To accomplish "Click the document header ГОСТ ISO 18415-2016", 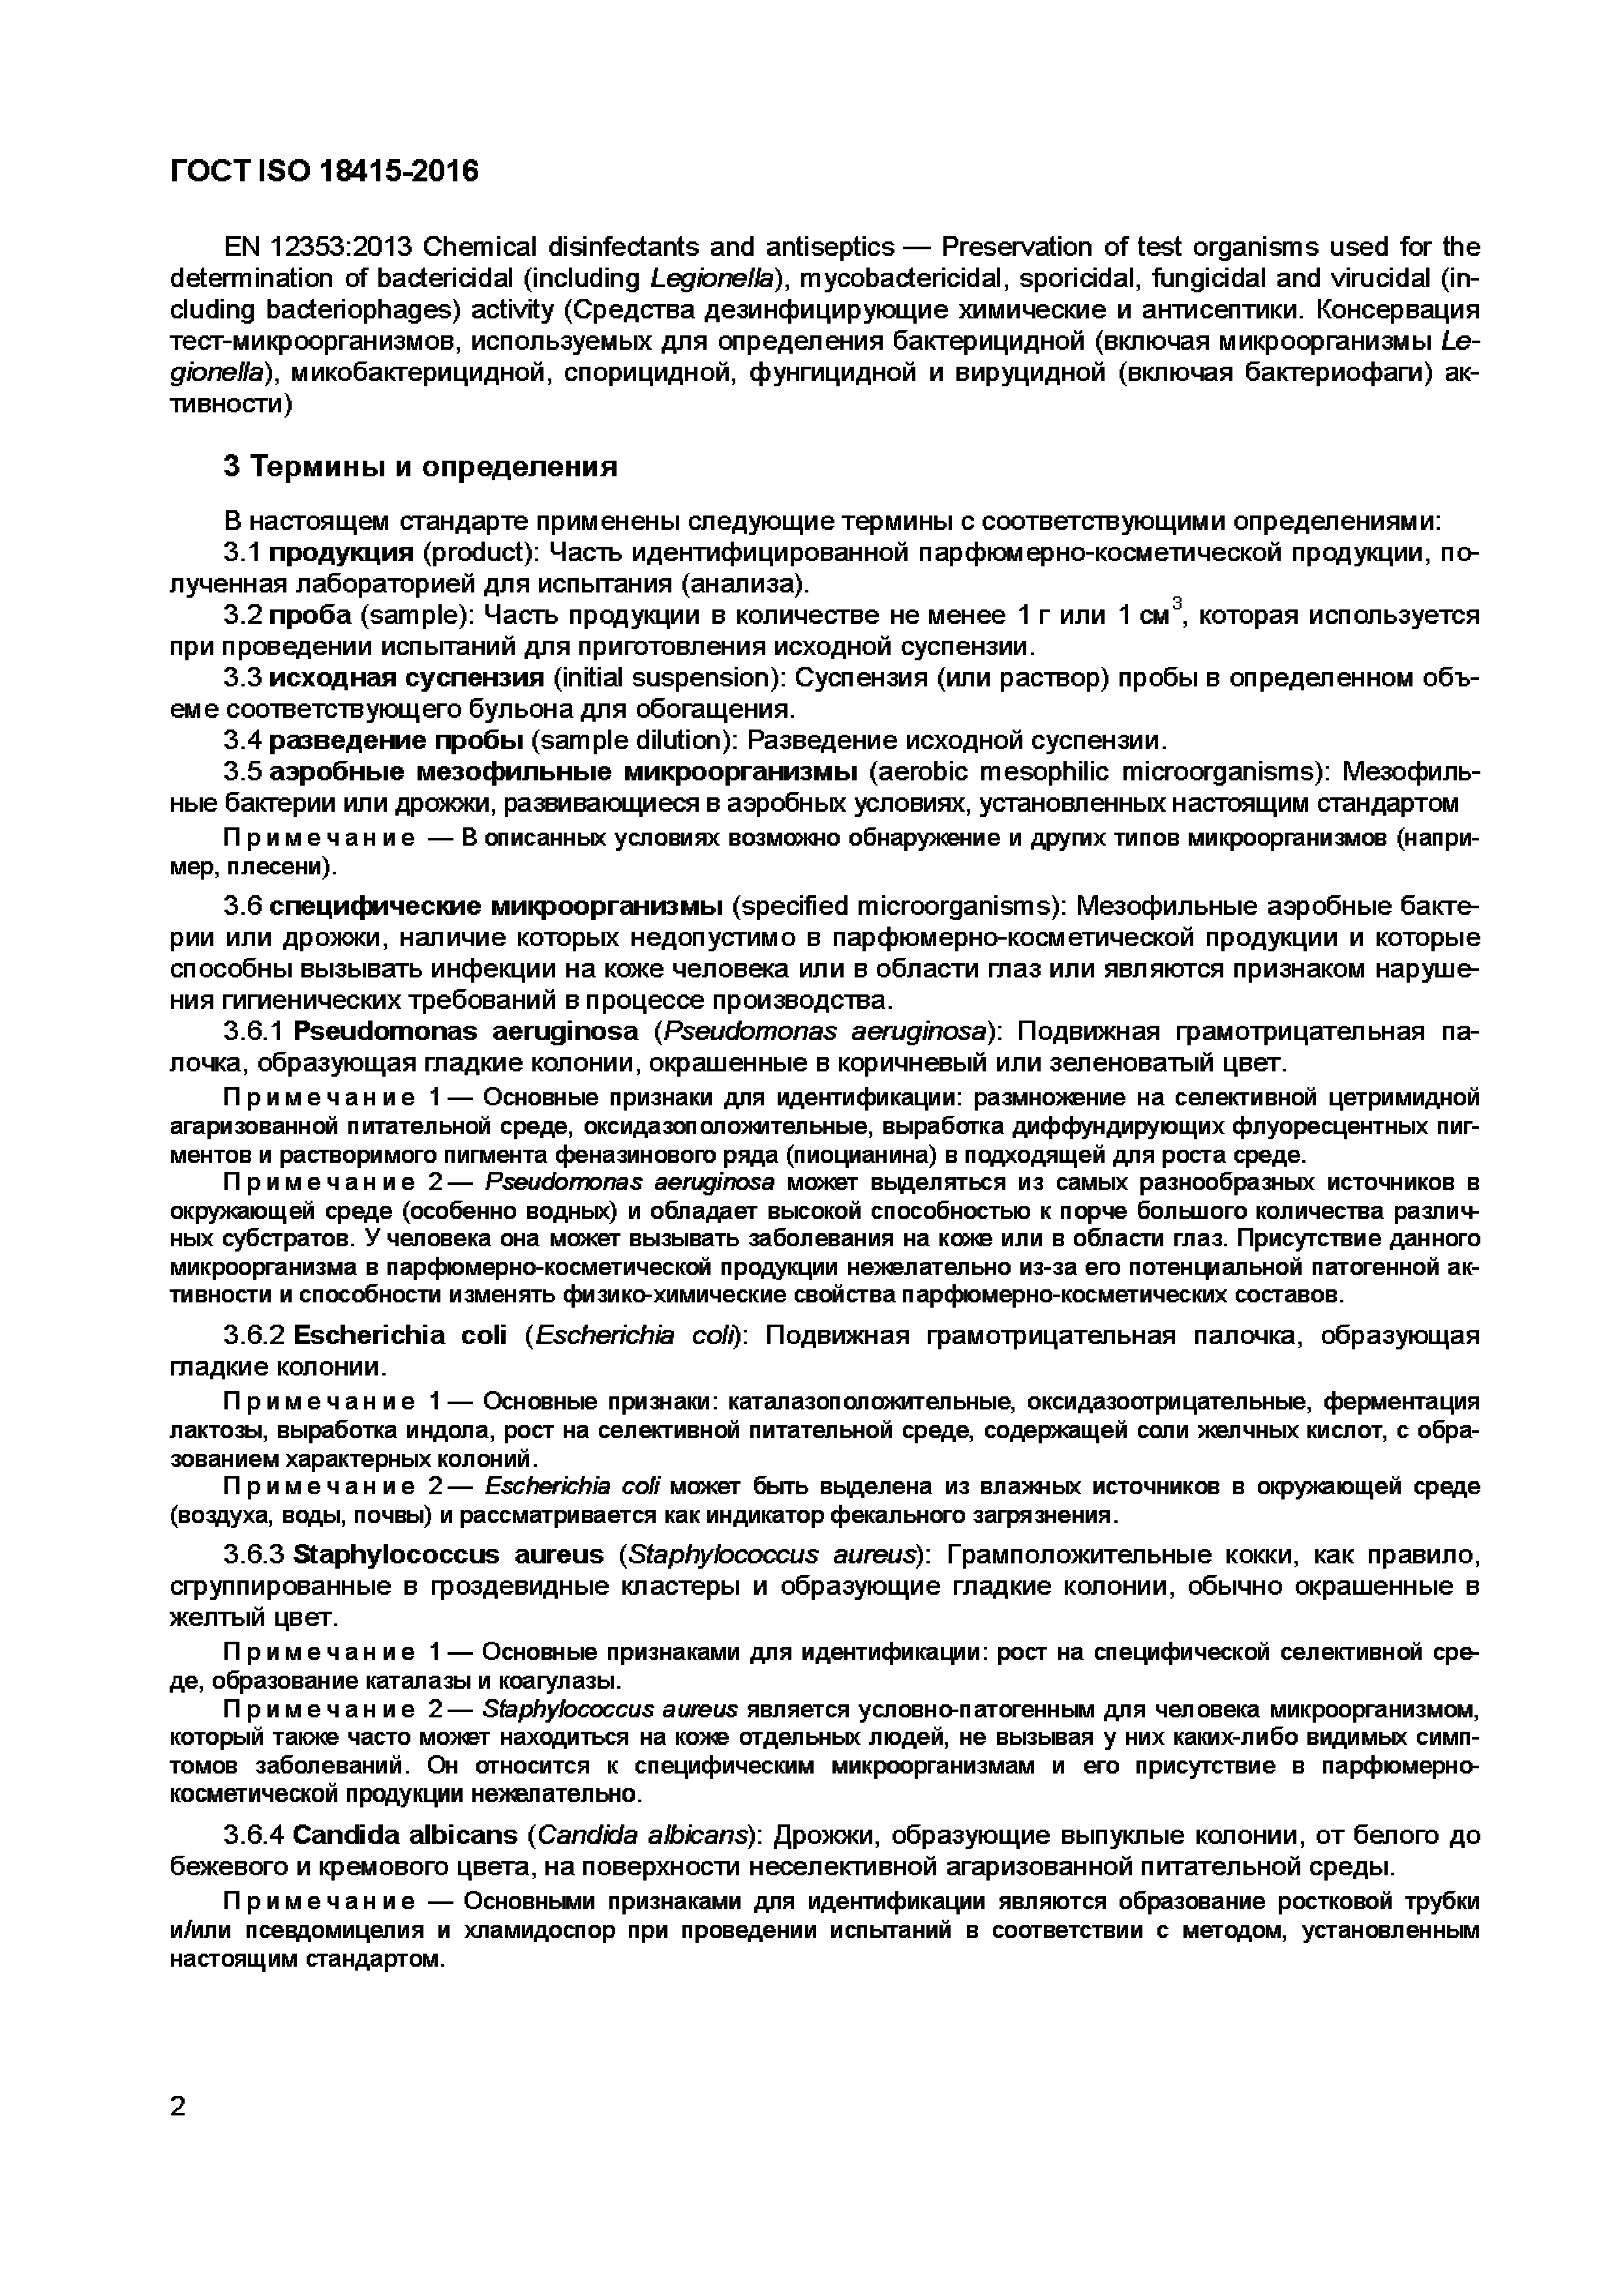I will [x=324, y=172].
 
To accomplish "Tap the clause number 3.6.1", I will [x=253, y=1031].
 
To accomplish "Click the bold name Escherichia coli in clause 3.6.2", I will [x=401, y=1335].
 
